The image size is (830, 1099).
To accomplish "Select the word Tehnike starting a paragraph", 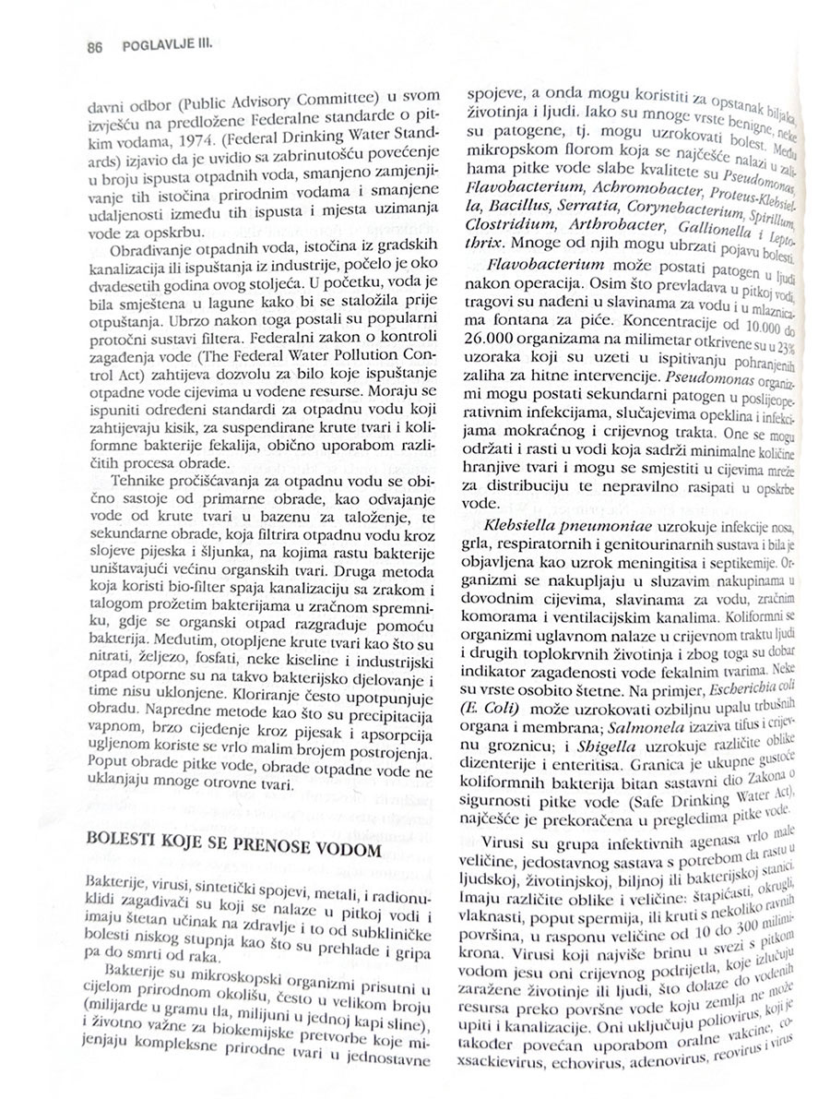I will point(142,482).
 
